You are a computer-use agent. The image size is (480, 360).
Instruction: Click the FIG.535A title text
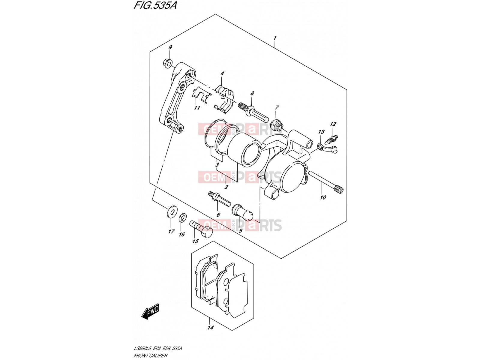(155, 5)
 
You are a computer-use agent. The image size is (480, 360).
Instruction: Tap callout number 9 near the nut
(170, 47)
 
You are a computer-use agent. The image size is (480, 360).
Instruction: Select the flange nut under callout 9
(168, 63)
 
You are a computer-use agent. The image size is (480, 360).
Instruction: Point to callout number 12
(333, 124)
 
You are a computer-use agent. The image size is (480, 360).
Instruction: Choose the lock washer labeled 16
(183, 217)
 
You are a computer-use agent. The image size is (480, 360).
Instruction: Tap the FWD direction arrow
(150, 311)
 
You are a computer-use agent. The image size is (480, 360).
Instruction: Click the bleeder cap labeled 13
(328, 148)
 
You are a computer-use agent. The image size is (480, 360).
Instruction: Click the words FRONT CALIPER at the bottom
(151, 355)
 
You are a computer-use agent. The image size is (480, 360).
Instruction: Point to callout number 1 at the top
(275, 38)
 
